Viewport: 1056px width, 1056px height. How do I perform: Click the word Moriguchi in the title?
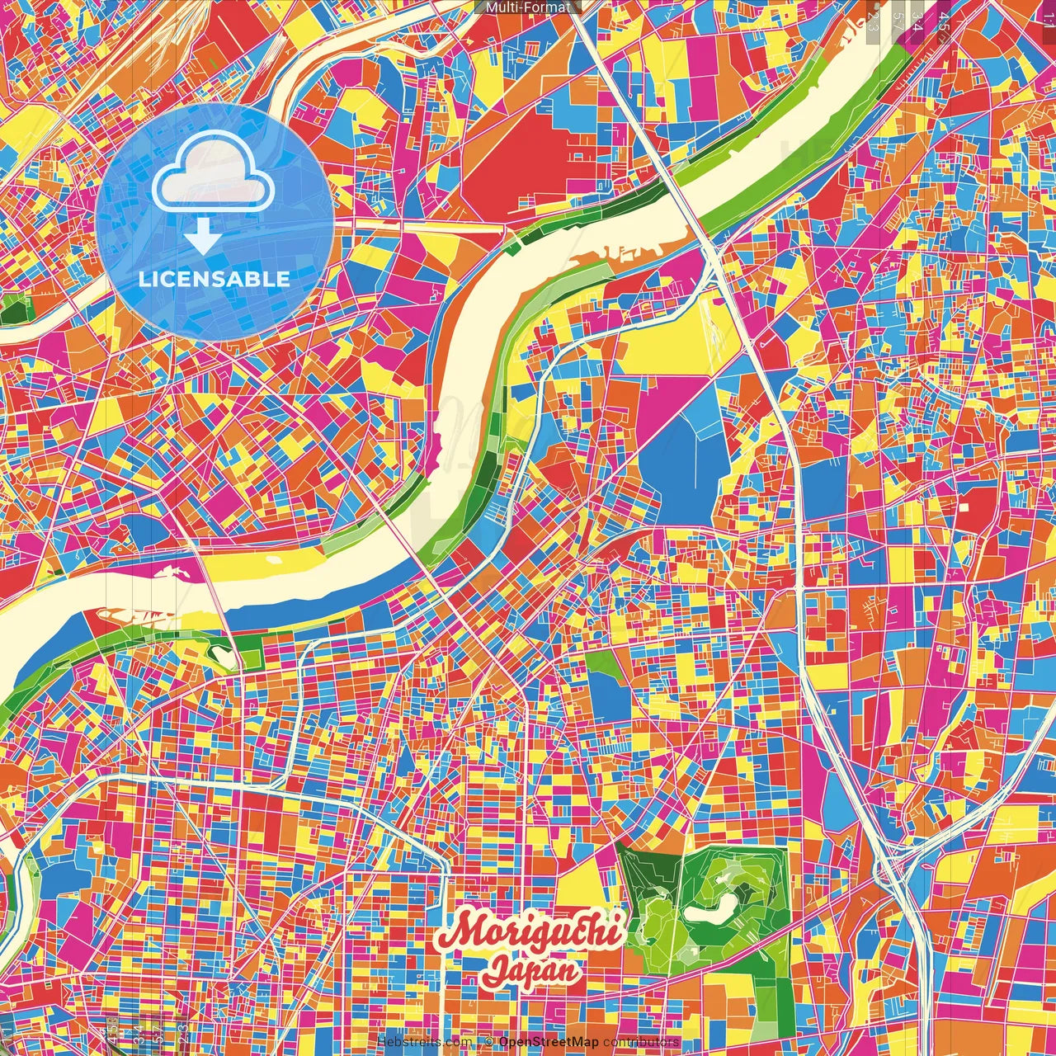point(529,931)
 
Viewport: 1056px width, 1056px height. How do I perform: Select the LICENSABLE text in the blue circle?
point(214,279)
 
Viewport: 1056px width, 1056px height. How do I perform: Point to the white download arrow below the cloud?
point(202,238)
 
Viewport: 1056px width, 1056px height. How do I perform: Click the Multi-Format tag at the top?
point(528,7)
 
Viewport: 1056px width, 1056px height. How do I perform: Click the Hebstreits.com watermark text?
point(424,1042)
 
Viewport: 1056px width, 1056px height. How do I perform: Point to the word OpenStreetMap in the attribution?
point(549,1042)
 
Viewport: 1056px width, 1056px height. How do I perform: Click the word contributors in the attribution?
point(641,1042)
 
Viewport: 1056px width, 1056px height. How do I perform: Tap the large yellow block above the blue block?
point(668,346)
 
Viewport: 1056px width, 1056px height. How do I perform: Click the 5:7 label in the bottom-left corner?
point(139,1033)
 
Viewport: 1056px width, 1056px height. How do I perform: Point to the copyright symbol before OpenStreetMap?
point(489,1042)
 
